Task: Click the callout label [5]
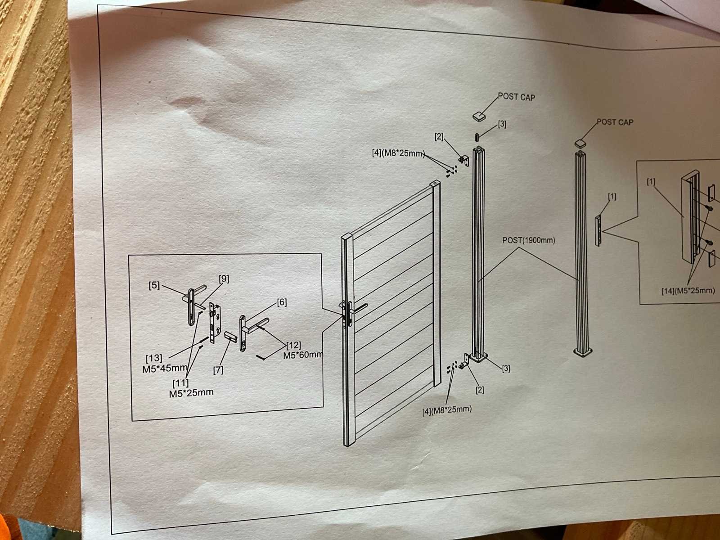(x=154, y=285)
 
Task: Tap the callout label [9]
(x=224, y=279)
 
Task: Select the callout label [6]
(x=282, y=302)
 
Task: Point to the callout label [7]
(x=218, y=370)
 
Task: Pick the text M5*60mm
(x=303, y=355)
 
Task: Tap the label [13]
(x=154, y=358)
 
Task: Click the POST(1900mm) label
(x=528, y=241)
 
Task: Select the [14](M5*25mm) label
(x=688, y=290)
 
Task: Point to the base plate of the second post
(x=584, y=352)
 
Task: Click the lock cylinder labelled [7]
(x=230, y=337)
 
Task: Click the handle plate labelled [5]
(x=191, y=306)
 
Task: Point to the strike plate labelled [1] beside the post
(x=598, y=230)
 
